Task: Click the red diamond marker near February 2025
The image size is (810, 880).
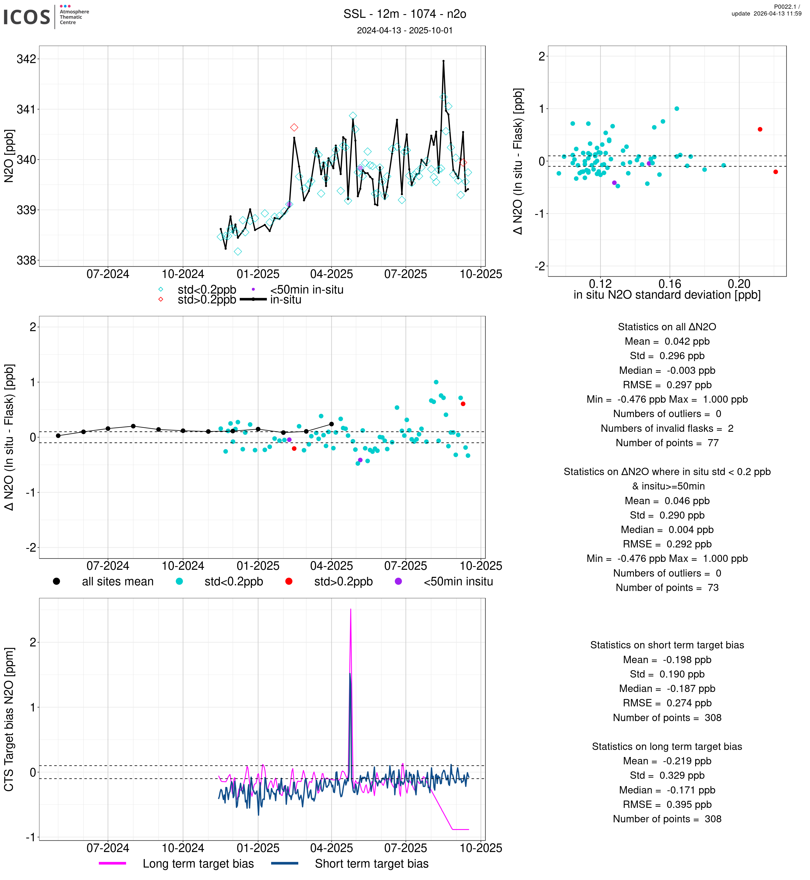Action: pos(294,127)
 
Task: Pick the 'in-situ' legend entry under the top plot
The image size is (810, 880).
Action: pos(285,300)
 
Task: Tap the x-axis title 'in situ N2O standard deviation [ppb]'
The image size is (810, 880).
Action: pos(667,295)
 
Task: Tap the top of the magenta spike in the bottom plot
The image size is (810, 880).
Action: pos(351,609)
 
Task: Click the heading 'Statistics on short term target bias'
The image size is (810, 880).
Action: pos(667,645)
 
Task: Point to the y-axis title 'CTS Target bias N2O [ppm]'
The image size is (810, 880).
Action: pos(9,719)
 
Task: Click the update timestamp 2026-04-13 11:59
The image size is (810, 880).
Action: pos(766,14)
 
